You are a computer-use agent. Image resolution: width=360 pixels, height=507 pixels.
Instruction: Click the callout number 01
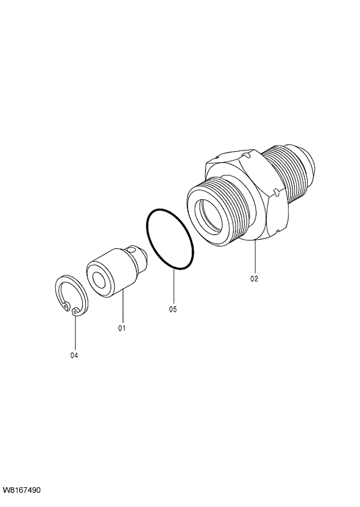tap(122, 328)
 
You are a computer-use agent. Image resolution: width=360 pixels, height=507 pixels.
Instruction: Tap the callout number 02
tap(254, 278)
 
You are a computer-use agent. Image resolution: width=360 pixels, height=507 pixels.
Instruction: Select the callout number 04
tap(74, 355)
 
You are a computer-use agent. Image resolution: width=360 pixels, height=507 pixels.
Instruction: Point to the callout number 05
tap(173, 310)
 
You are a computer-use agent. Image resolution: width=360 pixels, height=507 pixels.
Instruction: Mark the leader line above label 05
tap(173, 287)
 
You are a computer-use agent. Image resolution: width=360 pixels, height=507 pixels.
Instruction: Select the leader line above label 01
tap(122, 307)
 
